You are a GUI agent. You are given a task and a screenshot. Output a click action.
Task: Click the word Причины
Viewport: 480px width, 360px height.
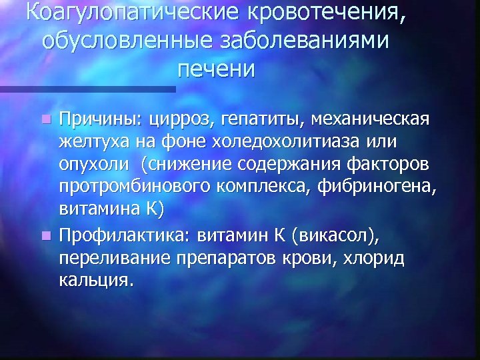(x=95, y=120)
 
